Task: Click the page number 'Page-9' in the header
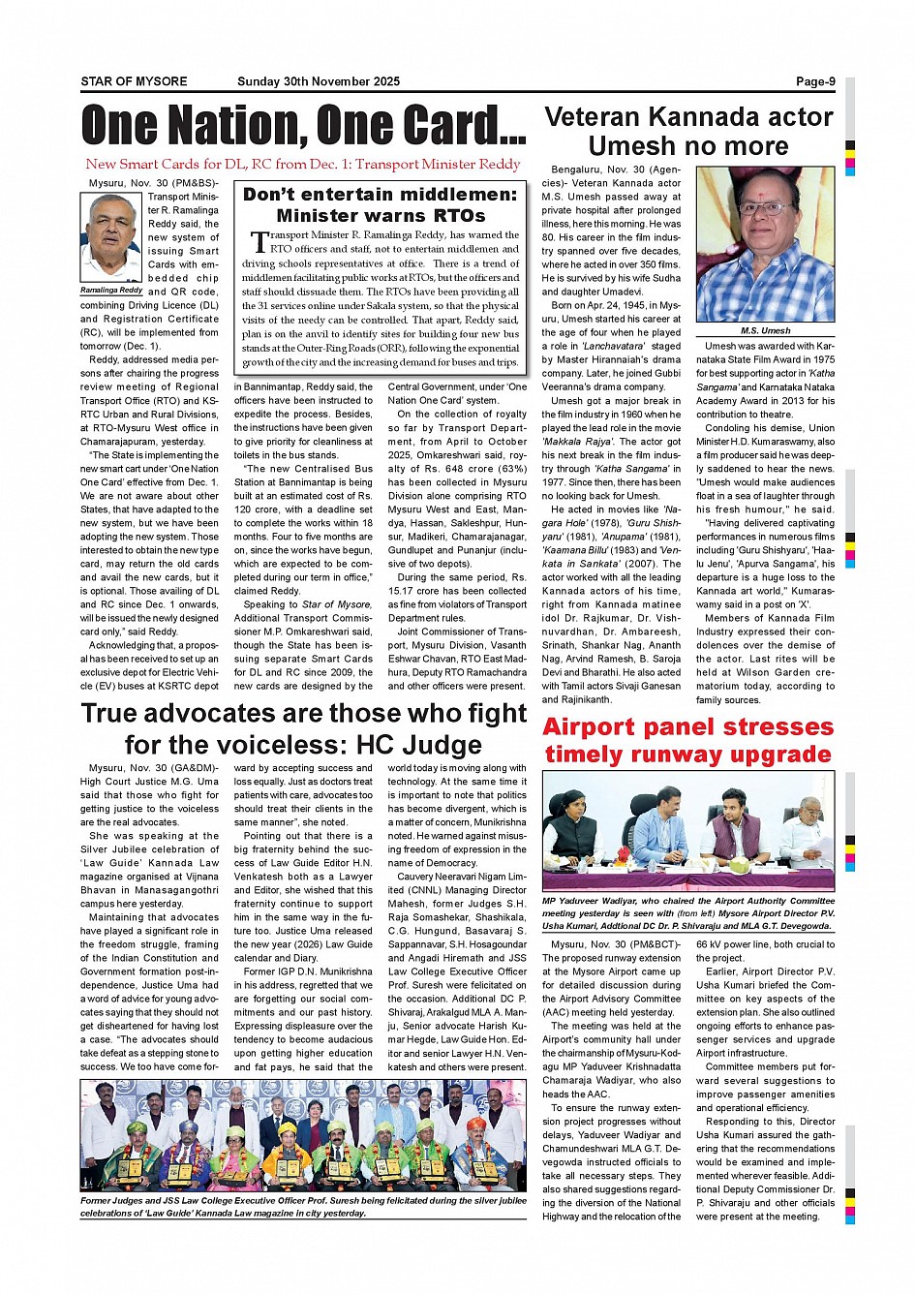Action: pyautogui.click(x=814, y=81)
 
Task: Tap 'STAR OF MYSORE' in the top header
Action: pyautogui.click(x=134, y=81)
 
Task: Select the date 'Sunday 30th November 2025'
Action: pyautogui.click(x=318, y=81)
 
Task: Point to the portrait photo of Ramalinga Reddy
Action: pyautogui.click(x=111, y=237)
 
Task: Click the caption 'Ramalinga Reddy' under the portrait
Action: pyautogui.click(x=111, y=290)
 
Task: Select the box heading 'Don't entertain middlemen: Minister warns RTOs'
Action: pyautogui.click(x=380, y=204)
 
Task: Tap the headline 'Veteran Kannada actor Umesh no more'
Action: pyautogui.click(x=688, y=132)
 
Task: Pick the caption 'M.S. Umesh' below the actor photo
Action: pyautogui.click(x=765, y=330)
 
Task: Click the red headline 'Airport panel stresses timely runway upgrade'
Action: pyautogui.click(x=687, y=741)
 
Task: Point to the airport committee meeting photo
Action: pyautogui.click(x=687, y=831)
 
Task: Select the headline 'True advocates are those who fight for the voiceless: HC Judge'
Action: pyautogui.click(x=303, y=728)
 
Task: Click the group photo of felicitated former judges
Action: pyautogui.click(x=303, y=1136)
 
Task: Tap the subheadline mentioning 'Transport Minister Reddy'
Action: pyautogui.click(x=303, y=165)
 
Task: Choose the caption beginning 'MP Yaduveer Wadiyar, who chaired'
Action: pyautogui.click(x=687, y=913)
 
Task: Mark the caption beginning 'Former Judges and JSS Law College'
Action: pyautogui.click(x=303, y=1207)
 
